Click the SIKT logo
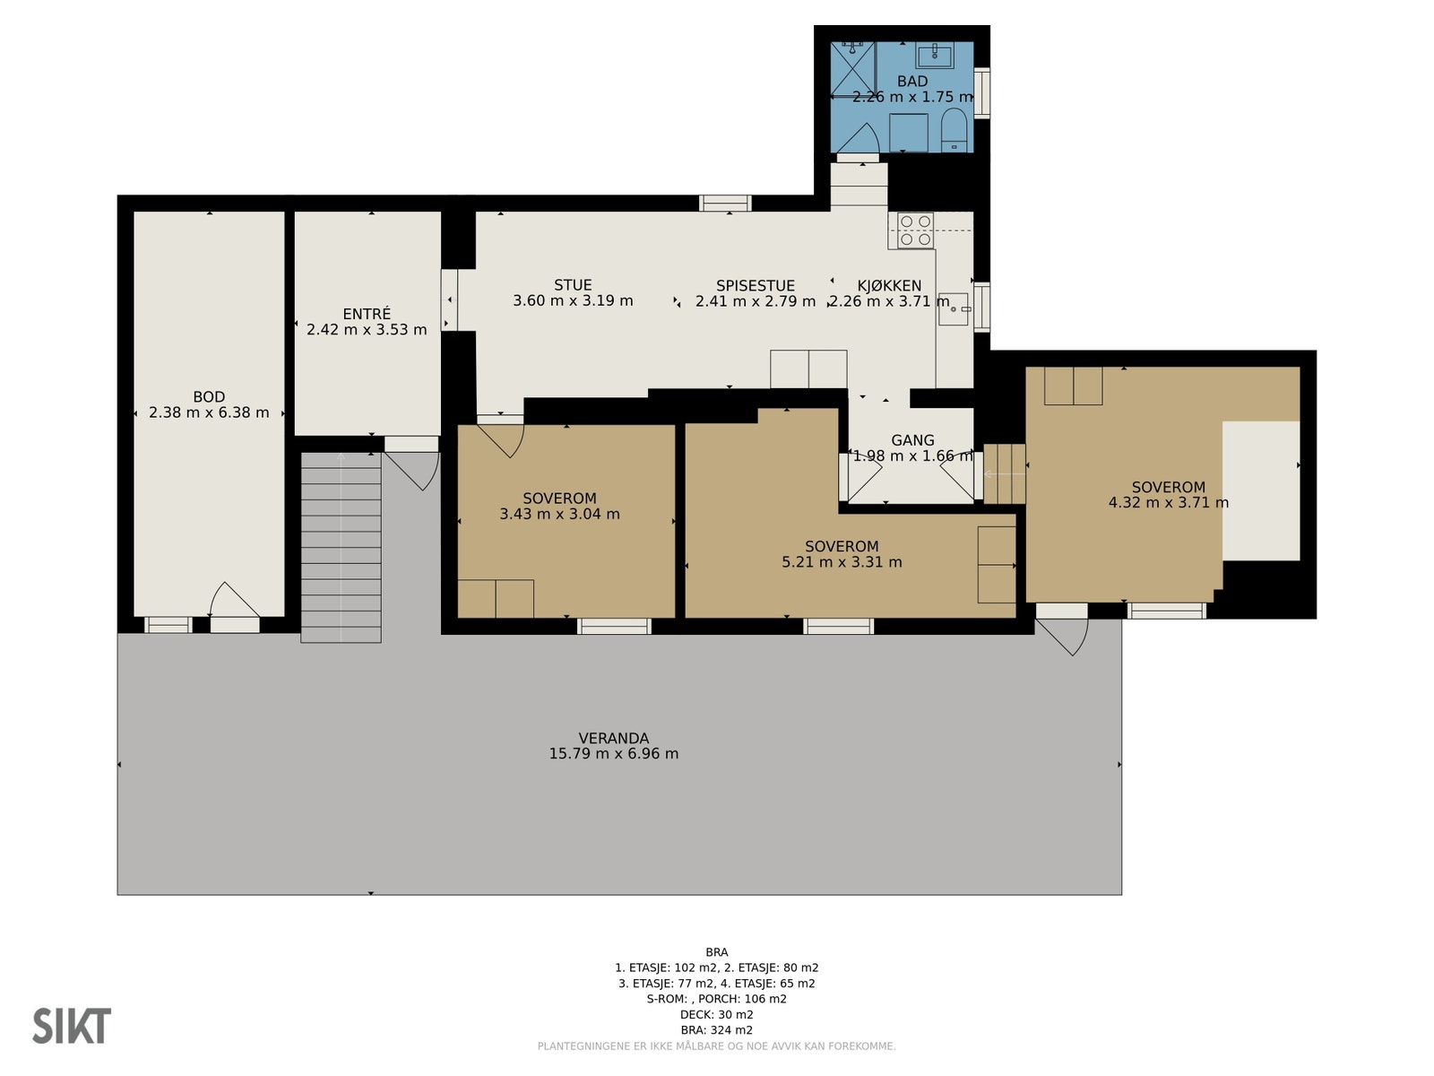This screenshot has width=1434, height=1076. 71,1026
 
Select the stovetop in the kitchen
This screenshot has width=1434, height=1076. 915,230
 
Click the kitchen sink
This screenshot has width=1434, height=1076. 954,309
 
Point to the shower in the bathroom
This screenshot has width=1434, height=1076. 852,69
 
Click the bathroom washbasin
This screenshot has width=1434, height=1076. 935,55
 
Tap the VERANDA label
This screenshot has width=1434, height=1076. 613,738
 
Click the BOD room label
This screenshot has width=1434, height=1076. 209,396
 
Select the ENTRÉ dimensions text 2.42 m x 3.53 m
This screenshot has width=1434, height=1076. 367,329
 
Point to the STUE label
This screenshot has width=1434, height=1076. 573,285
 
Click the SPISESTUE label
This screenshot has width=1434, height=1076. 756,285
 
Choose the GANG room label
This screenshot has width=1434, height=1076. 912,440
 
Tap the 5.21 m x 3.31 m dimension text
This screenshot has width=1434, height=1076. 842,562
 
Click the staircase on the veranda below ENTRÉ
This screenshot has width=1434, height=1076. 341,548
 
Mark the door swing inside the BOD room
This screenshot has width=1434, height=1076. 234,599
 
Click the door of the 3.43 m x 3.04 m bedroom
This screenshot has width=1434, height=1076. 501,440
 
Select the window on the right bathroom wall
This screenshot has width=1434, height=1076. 981,92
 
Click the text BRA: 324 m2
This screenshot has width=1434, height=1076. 717,1030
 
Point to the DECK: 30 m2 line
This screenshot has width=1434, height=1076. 717,1015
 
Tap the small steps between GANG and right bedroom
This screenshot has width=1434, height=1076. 1004,473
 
